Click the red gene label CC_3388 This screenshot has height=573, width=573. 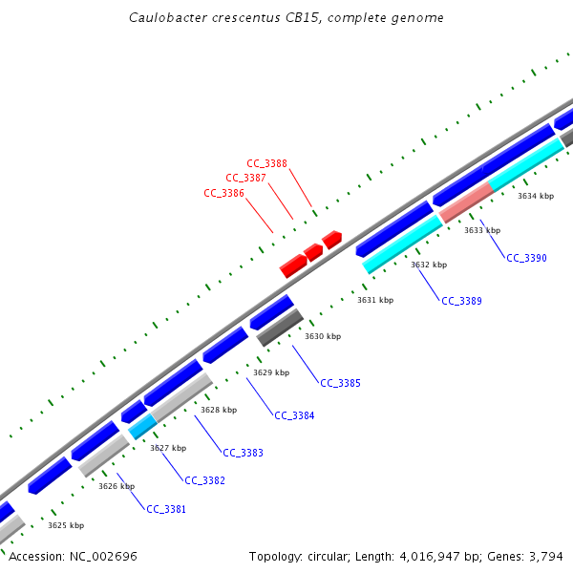[x=266, y=163]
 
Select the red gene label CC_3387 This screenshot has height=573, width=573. [x=245, y=178]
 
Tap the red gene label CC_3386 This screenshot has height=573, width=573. [x=223, y=193]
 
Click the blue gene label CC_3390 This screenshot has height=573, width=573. [x=526, y=258]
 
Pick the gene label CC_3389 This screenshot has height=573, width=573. [x=461, y=301]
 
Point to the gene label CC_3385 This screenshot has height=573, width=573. [x=340, y=383]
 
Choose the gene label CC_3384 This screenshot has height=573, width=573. [x=294, y=415]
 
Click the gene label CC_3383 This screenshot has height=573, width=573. [x=243, y=453]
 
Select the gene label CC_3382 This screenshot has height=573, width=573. [x=204, y=480]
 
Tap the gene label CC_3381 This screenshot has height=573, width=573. [x=166, y=509]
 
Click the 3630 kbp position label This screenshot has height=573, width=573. [x=323, y=336]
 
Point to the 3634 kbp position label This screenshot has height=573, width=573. [x=536, y=196]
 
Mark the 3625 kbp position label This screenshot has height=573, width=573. [x=66, y=525]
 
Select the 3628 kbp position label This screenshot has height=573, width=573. [x=218, y=410]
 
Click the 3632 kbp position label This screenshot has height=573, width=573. [x=429, y=265]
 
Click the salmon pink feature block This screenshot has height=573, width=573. [x=466, y=202]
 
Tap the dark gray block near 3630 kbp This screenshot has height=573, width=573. [x=280, y=328]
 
